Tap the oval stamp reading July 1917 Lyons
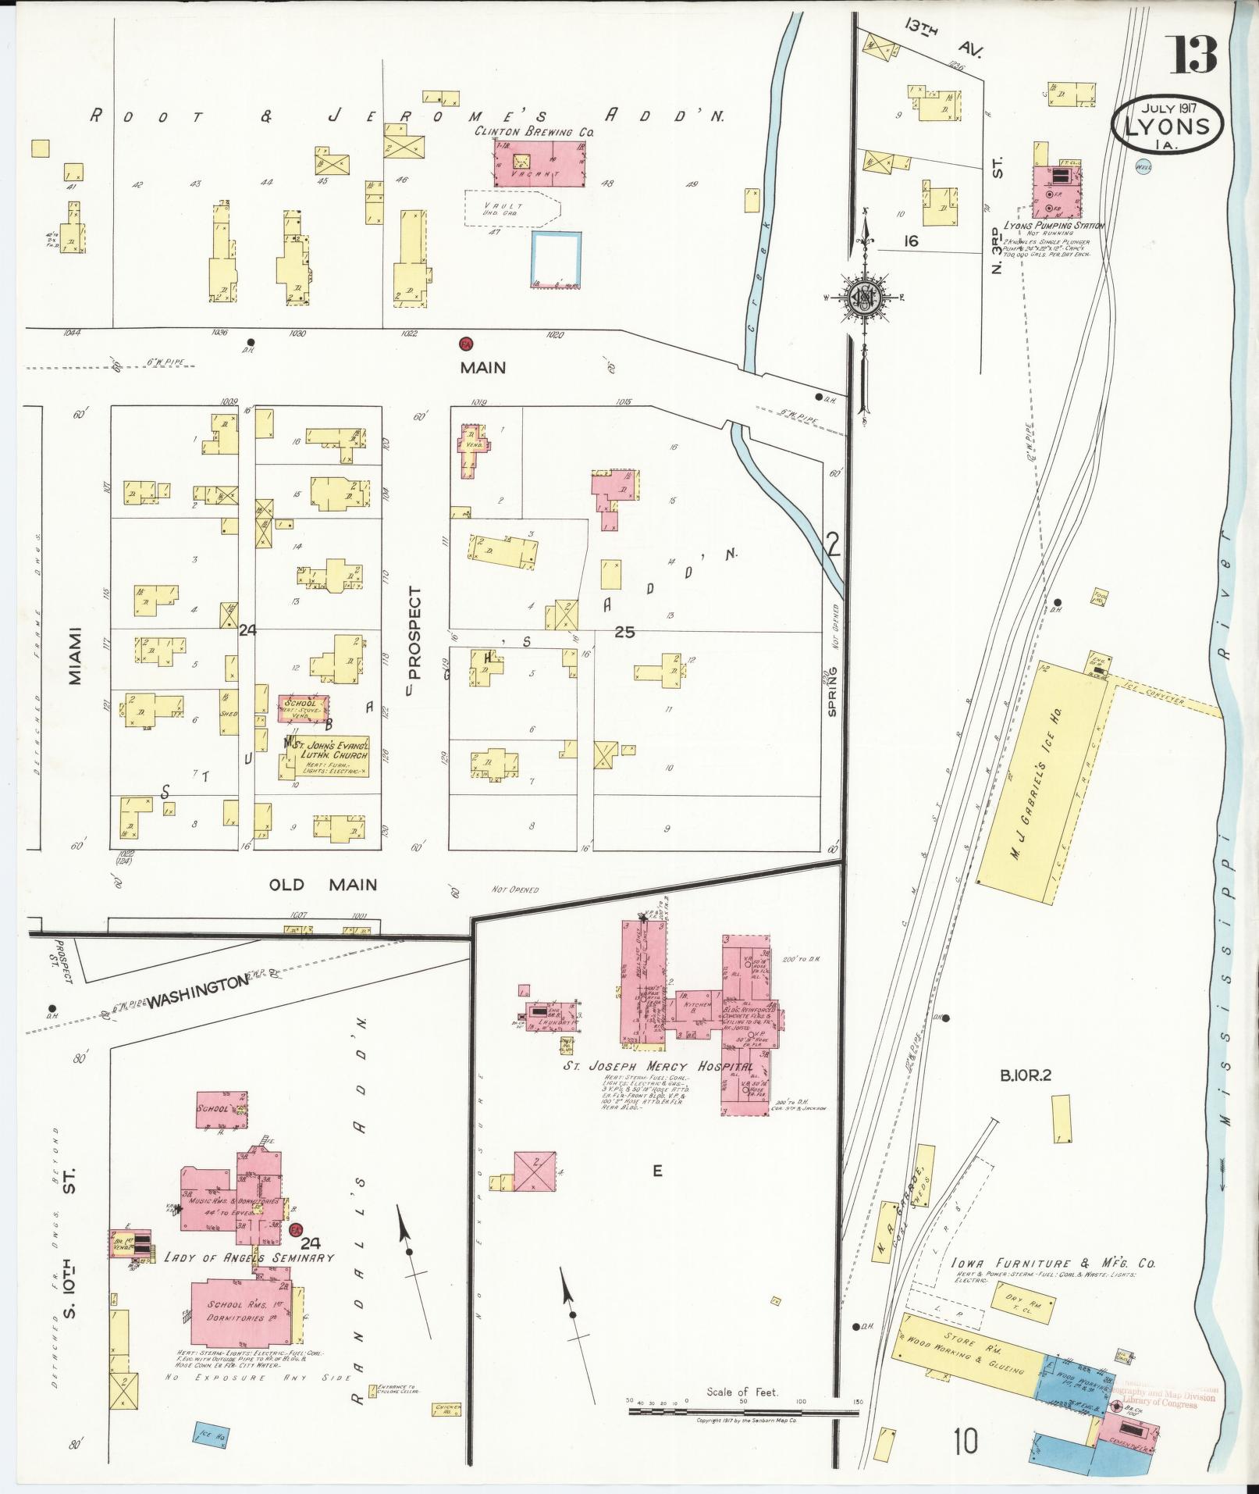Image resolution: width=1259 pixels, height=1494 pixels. [1168, 124]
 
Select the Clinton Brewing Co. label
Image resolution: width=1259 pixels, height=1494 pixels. [535, 132]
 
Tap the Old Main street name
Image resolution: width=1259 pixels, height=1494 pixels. [322, 885]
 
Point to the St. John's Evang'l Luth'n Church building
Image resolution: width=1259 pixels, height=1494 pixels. [324, 757]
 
